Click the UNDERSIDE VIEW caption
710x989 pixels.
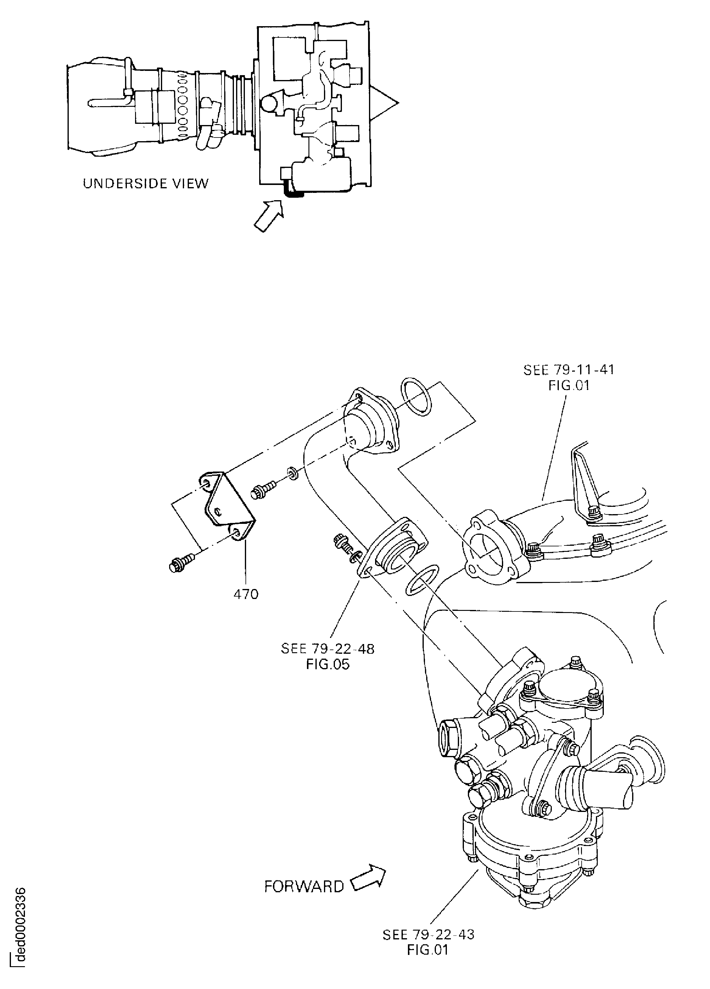tap(146, 183)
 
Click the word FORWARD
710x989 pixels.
tap(304, 886)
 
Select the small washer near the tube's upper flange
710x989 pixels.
tap(293, 473)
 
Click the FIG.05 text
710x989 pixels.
tap(328, 665)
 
